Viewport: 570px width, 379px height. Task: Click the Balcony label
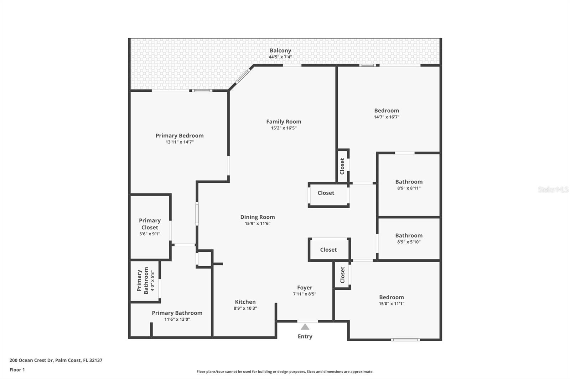pyautogui.click(x=280, y=50)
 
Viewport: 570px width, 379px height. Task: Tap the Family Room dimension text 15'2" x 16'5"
pyautogui.click(x=284, y=128)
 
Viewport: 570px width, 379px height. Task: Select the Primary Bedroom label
pyautogui.click(x=180, y=135)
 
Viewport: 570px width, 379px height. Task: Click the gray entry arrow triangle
pyautogui.click(x=305, y=327)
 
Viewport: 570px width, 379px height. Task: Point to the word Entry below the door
pyautogui.click(x=305, y=336)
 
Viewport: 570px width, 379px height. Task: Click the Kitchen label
pyautogui.click(x=245, y=302)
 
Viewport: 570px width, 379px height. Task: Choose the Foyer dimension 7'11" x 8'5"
pyautogui.click(x=305, y=294)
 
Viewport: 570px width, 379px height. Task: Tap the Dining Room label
pyautogui.click(x=257, y=217)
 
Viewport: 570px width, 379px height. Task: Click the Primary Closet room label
pyautogui.click(x=150, y=224)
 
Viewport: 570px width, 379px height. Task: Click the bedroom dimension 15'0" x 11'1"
pyautogui.click(x=391, y=304)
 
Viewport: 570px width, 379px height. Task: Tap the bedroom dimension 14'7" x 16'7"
pyautogui.click(x=387, y=117)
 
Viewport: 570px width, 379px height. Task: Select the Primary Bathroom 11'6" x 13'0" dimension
pyautogui.click(x=177, y=319)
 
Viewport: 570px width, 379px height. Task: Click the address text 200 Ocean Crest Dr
pyautogui.click(x=31, y=360)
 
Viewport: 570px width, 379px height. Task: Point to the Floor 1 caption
pyautogui.click(x=17, y=370)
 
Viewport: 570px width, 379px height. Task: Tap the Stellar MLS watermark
pyautogui.click(x=553, y=189)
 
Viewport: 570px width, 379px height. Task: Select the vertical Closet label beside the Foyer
pyautogui.click(x=342, y=275)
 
